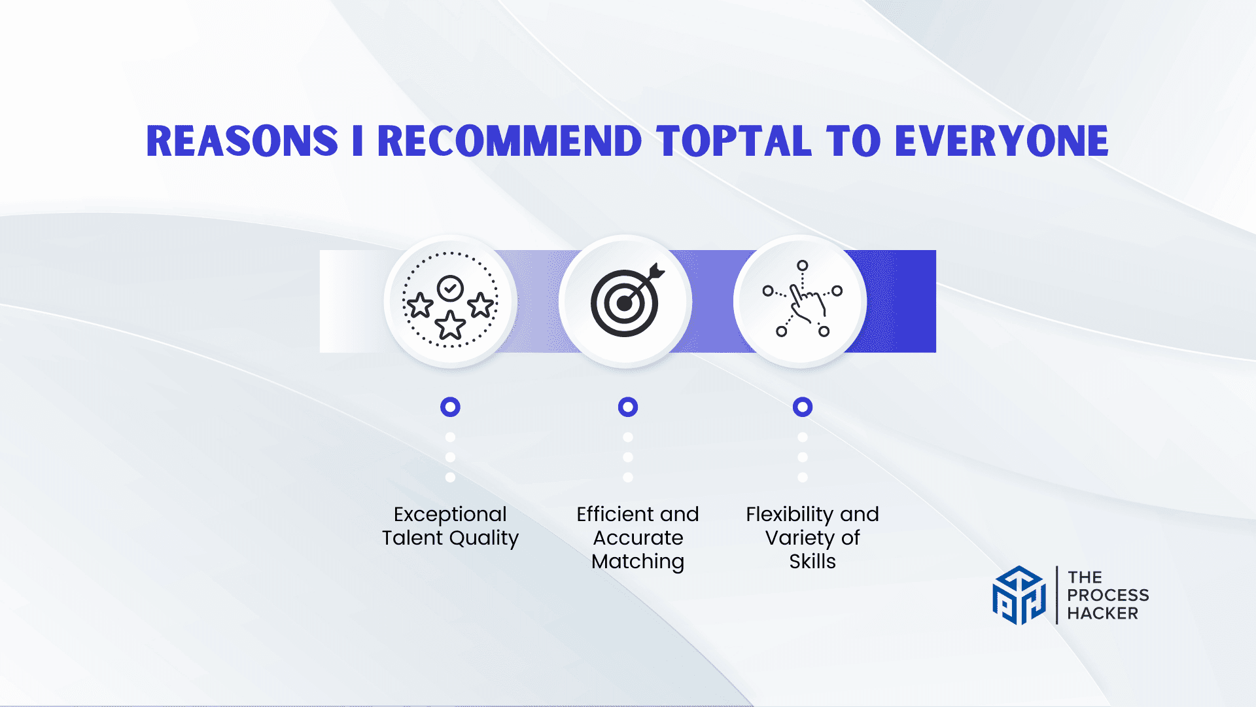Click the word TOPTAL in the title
pyautogui.click(x=734, y=141)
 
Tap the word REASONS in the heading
pyautogui.click(x=242, y=141)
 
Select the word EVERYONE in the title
pyautogui.click(x=1002, y=141)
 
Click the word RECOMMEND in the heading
pyautogui.click(x=510, y=141)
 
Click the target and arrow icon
pyautogui.click(x=627, y=300)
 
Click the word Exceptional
pyautogui.click(x=450, y=515)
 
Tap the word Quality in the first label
pyautogui.click(x=484, y=539)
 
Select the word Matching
pyautogui.click(x=638, y=562)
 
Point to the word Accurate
pyautogui.click(x=638, y=538)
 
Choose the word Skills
pyautogui.click(x=812, y=562)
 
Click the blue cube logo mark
pyautogui.click(x=1019, y=595)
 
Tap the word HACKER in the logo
pyautogui.click(x=1103, y=613)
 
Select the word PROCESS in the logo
pyautogui.click(x=1108, y=595)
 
